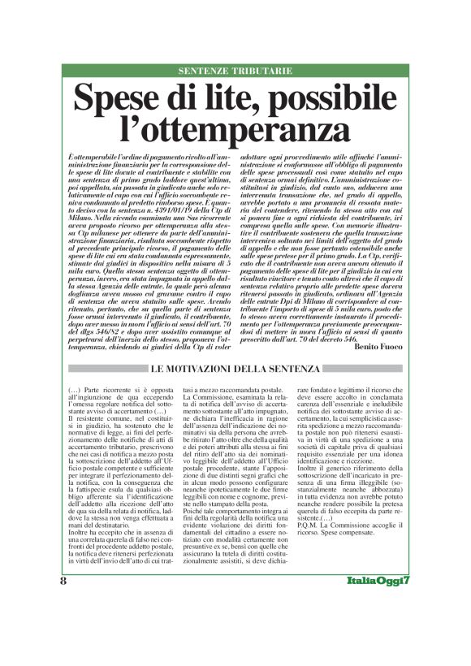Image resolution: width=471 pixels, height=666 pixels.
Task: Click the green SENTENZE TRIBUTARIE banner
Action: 235,71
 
